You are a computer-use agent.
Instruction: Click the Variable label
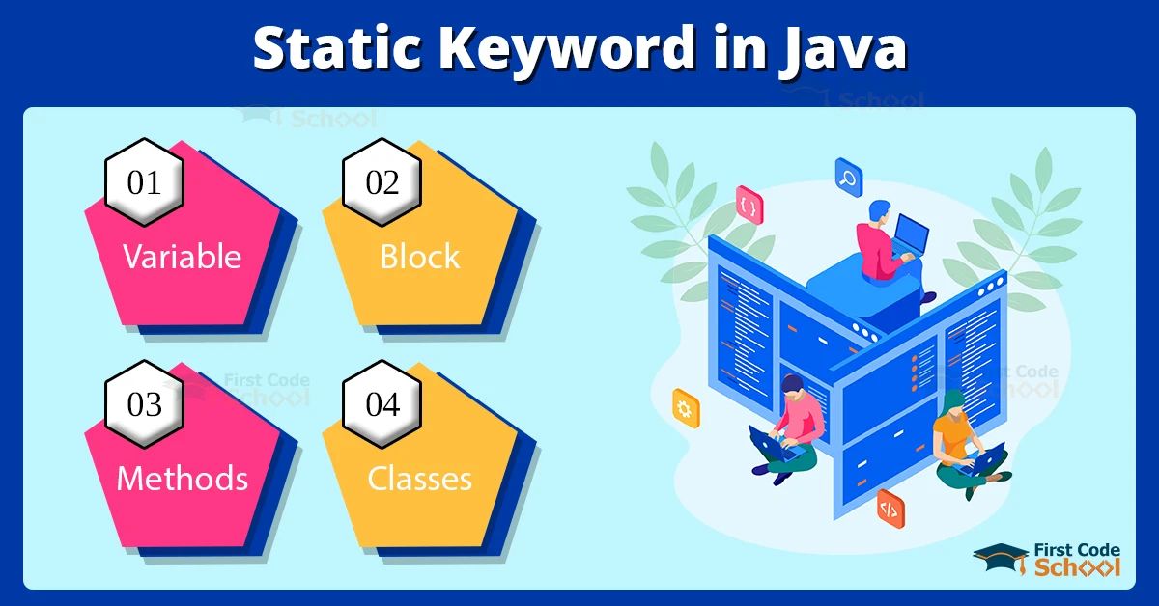click(x=182, y=257)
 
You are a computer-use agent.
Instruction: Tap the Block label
click(x=420, y=257)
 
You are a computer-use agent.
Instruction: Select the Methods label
click(x=182, y=479)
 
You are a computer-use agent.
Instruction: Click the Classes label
click(x=420, y=479)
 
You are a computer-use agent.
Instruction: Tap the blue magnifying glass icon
click(x=848, y=177)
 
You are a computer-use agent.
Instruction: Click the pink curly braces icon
click(x=749, y=206)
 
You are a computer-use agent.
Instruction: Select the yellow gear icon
click(x=686, y=409)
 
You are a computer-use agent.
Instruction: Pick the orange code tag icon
click(x=890, y=507)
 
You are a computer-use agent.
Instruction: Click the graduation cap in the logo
click(x=1000, y=557)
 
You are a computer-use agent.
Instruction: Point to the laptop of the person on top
click(x=910, y=234)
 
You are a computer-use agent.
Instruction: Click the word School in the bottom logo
click(x=1077, y=566)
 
